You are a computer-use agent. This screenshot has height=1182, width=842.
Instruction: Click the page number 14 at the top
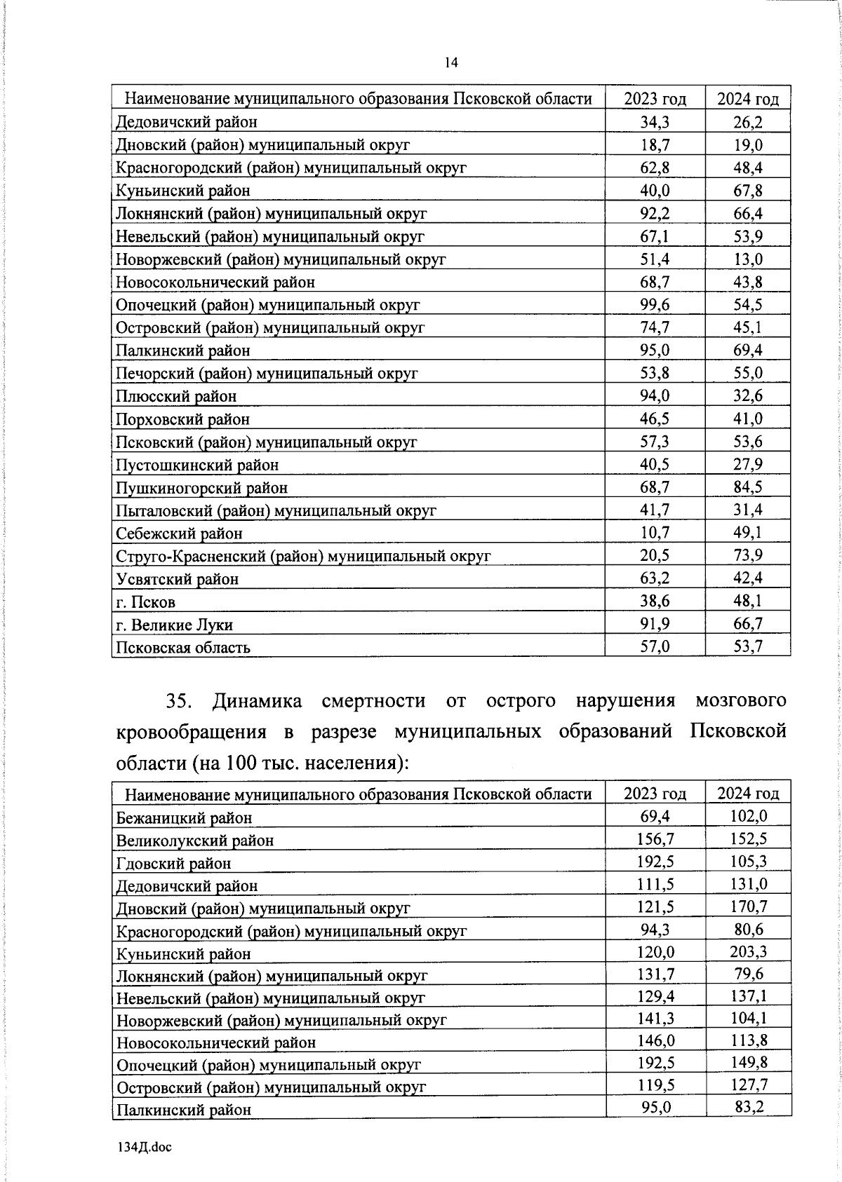coord(451,63)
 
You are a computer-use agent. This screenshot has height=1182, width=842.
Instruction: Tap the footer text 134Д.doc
coord(144,1147)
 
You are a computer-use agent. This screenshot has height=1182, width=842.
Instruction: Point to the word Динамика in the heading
coord(258,700)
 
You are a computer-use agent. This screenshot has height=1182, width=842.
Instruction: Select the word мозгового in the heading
coord(740,700)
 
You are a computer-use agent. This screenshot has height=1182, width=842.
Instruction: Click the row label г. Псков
coord(145,602)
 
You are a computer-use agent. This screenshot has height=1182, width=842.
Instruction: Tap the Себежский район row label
coord(179,534)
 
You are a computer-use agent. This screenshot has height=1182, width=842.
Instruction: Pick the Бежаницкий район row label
coord(184,817)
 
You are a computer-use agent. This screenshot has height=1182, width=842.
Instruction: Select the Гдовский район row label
coord(173,863)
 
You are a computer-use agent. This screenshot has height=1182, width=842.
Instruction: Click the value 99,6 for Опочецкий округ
coord(655,304)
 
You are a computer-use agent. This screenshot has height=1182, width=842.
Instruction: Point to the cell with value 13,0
coord(748,259)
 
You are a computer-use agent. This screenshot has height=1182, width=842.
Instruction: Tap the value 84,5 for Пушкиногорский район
coord(748,487)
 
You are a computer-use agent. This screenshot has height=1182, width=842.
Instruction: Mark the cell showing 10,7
coord(655,532)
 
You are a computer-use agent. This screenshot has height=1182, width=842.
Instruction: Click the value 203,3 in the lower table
coord(748,951)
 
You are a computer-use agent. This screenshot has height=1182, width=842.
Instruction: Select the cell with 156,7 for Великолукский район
coord(655,838)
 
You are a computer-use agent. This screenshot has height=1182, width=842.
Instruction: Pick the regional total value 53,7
coord(748,646)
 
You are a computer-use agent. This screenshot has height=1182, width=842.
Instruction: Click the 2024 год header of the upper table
coord(748,99)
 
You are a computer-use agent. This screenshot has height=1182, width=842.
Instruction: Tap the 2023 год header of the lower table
coord(655,794)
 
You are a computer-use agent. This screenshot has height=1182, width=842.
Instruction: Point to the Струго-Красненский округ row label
coord(303,556)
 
